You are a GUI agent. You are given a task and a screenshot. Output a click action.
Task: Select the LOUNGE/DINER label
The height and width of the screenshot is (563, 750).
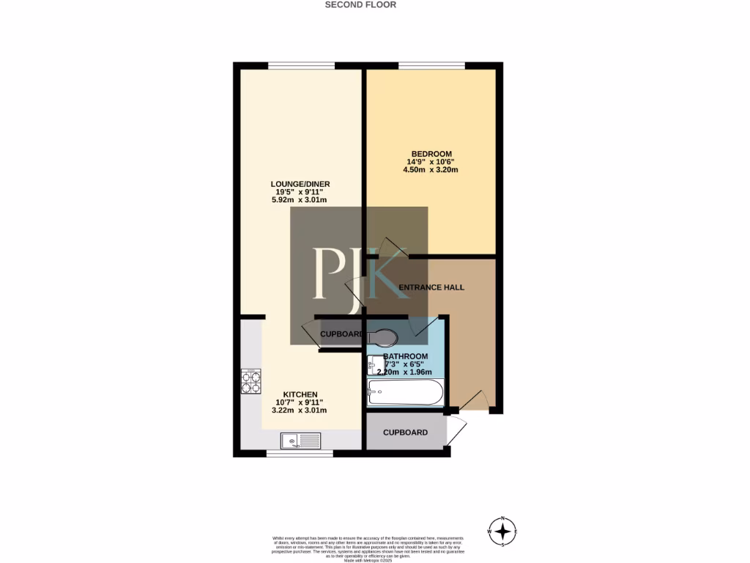click(x=299, y=184)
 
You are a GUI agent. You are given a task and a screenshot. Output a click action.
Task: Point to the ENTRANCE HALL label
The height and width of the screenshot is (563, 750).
click(x=431, y=287)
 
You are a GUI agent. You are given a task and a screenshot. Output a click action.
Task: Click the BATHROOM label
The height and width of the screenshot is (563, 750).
click(x=405, y=356)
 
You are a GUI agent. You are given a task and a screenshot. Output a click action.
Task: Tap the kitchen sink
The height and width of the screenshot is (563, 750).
click(x=300, y=440)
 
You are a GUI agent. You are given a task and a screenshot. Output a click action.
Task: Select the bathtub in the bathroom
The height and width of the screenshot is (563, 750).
click(x=405, y=393)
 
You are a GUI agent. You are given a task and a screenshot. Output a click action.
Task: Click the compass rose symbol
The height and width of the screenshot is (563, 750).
click(x=502, y=530)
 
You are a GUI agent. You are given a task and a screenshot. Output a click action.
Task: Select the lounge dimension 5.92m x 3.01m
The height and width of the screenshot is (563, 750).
click(x=299, y=200)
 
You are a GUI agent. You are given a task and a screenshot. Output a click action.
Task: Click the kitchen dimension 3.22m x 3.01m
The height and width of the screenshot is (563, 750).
click(x=299, y=411)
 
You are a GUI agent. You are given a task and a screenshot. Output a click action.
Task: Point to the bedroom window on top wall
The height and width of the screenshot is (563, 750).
click(x=431, y=66)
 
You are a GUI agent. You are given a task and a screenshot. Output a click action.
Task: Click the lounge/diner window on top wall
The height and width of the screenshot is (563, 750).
click(x=301, y=66)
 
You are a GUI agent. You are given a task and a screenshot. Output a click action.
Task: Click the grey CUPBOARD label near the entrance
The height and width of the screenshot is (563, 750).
click(x=405, y=433)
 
